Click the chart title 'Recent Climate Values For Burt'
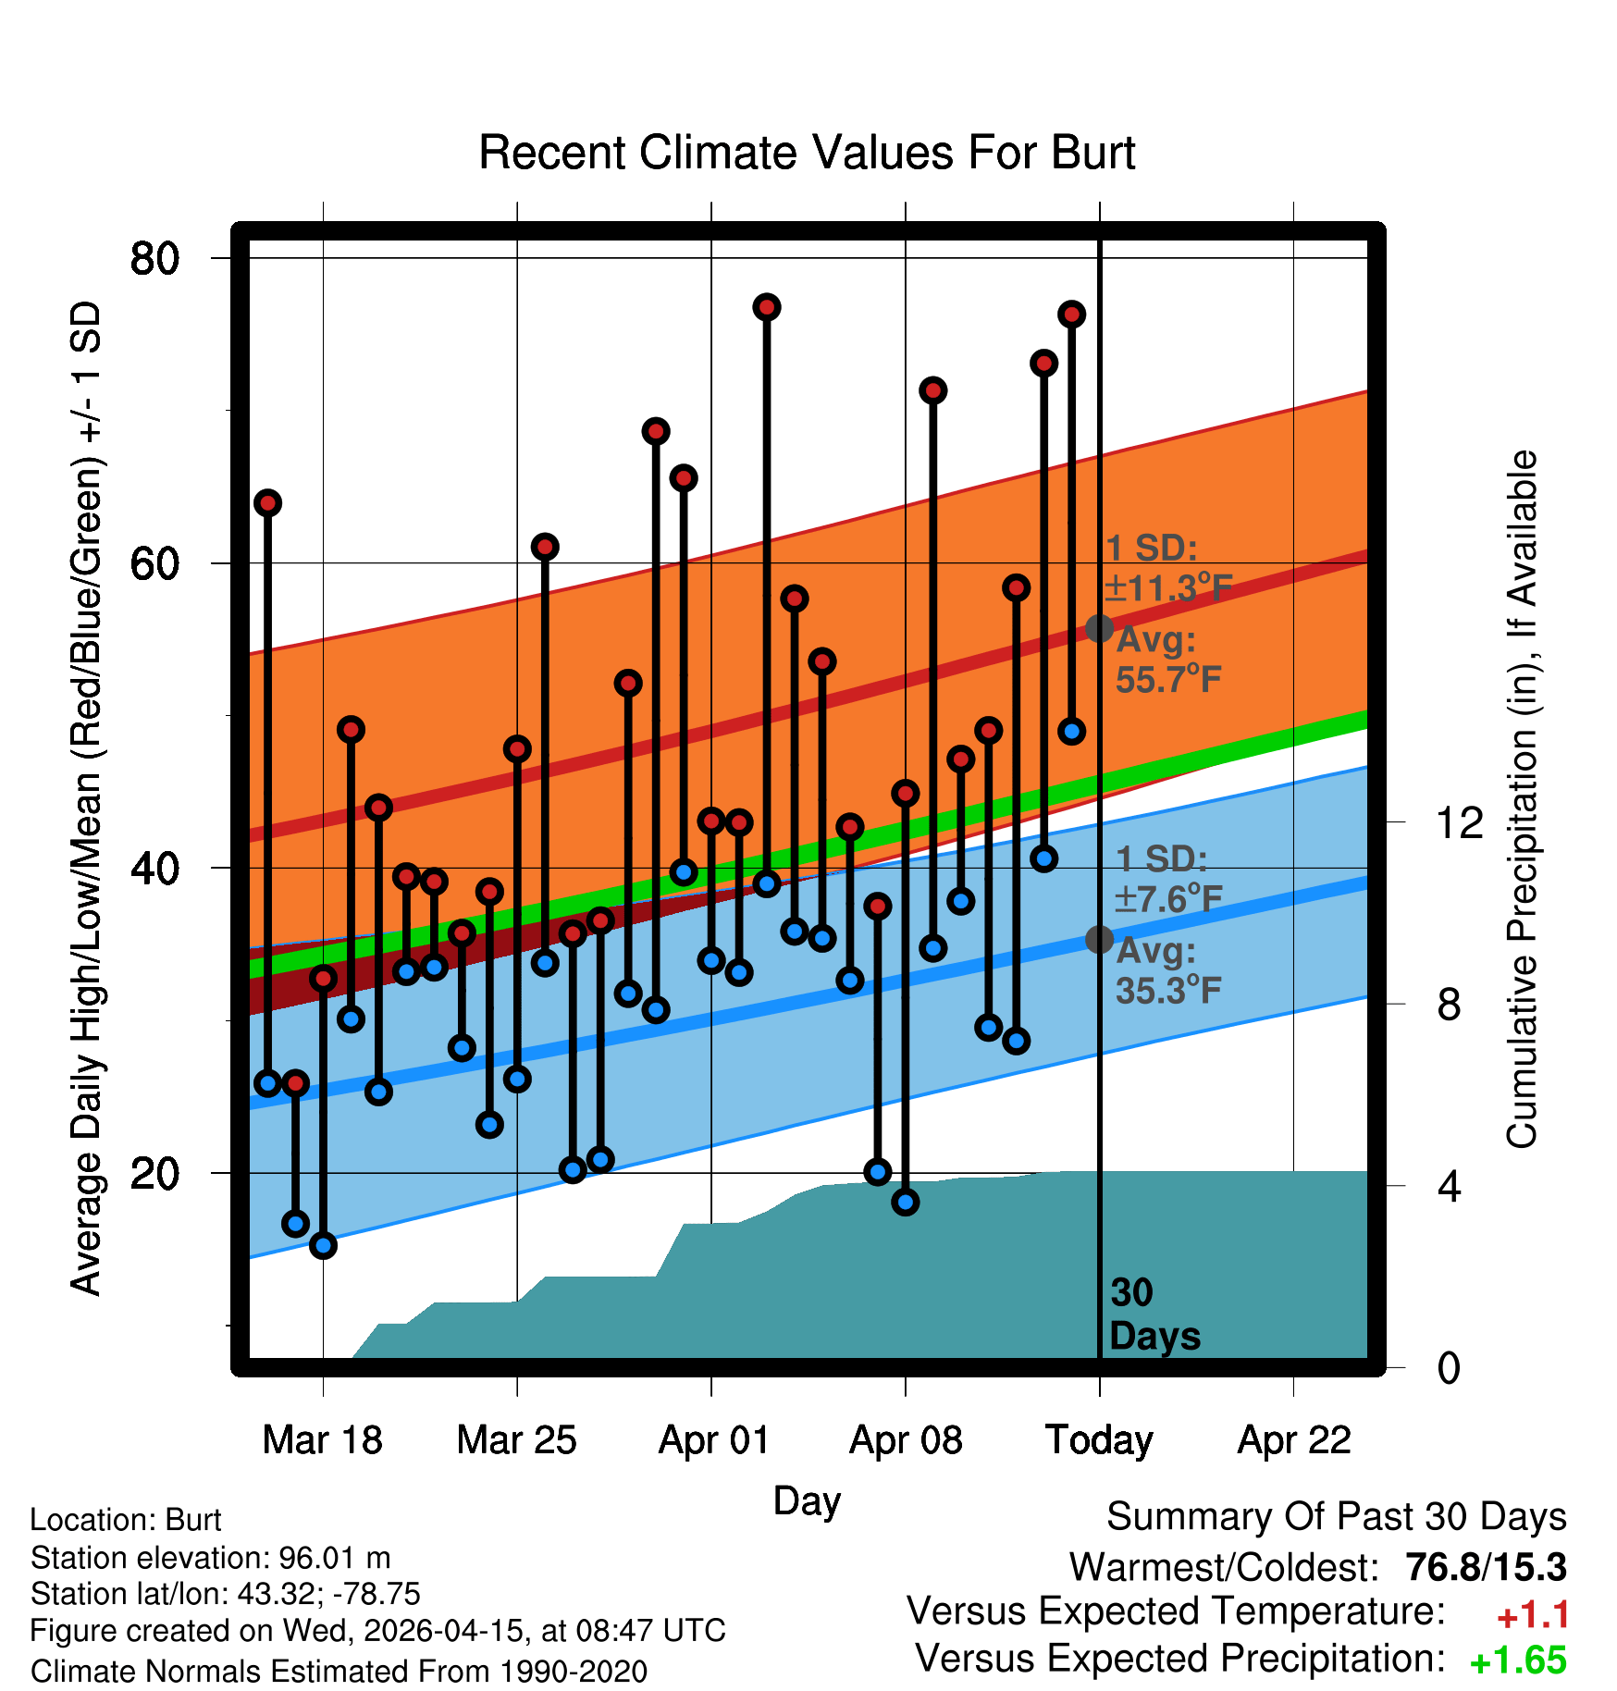tap(807, 153)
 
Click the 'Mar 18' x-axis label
tap(322, 1440)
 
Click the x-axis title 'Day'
tap(807, 1500)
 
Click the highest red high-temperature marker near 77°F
tap(767, 307)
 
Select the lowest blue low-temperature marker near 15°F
tap(323, 1245)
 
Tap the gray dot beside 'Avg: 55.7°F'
tap(1099, 628)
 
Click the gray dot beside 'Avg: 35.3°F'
tap(1099, 939)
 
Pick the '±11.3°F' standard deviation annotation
tap(1169, 588)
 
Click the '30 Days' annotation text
tap(1154, 1315)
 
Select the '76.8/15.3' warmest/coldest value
tap(1486, 1567)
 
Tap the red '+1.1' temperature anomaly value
tap(1532, 1615)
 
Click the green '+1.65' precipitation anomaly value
tap(1518, 1660)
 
